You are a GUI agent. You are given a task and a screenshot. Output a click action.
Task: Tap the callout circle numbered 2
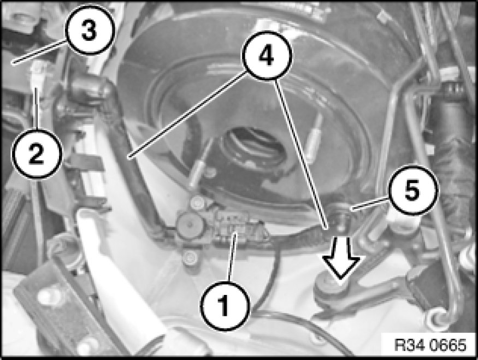[x=37, y=154]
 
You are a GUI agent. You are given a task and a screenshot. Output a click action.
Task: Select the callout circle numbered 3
[x=90, y=30]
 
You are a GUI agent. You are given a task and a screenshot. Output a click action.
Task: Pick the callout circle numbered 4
[x=267, y=55]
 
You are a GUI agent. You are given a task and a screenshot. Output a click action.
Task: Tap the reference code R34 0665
[x=430, y=345]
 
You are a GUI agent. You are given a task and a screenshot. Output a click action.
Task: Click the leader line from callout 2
[x=37, y=109]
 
